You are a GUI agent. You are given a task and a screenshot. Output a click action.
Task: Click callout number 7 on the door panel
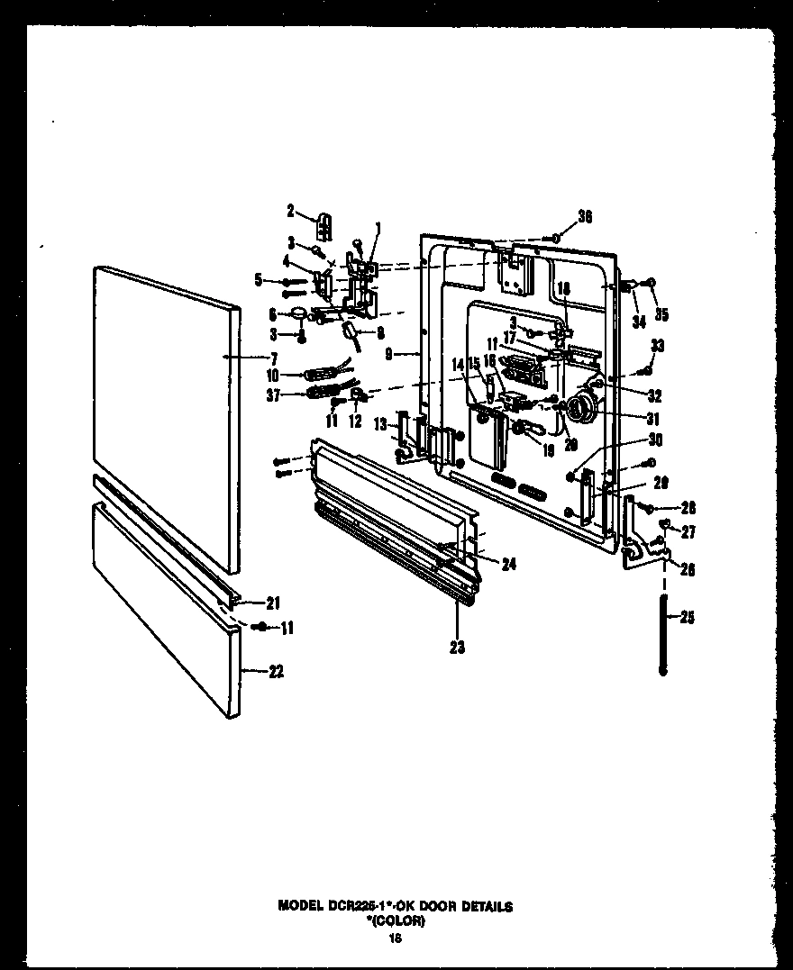(273, 358)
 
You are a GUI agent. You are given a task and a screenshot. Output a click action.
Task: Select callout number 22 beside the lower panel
(276, 671)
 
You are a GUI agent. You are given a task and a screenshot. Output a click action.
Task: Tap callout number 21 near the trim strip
(273, 603)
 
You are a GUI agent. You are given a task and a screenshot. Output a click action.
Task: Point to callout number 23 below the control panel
(457, 646)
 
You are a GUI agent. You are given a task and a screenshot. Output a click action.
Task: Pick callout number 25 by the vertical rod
(687, 618)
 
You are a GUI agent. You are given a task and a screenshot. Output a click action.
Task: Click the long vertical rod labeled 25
(664, 634)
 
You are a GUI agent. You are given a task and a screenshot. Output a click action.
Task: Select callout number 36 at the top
(585, 217)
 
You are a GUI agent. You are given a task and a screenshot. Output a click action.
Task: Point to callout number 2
(291, 212)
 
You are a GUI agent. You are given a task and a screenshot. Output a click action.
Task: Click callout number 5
(259, 280)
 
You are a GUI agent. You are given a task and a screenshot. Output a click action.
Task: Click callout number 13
(381, 425)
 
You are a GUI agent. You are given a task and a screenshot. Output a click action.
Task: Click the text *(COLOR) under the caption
(396, 920)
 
